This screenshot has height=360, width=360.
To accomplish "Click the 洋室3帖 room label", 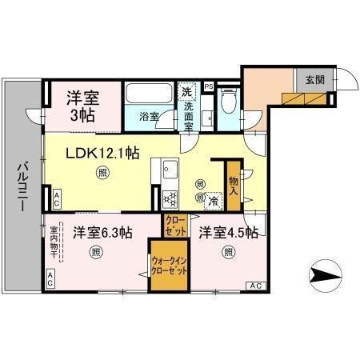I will pos(82,106).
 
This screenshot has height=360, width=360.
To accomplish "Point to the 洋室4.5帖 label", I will pos(229,233).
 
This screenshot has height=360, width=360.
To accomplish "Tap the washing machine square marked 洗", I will pos(188,90).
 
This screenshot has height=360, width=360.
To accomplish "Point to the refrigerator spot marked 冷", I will pos(214,202).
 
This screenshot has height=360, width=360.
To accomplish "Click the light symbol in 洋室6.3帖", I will pos(95,254).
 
